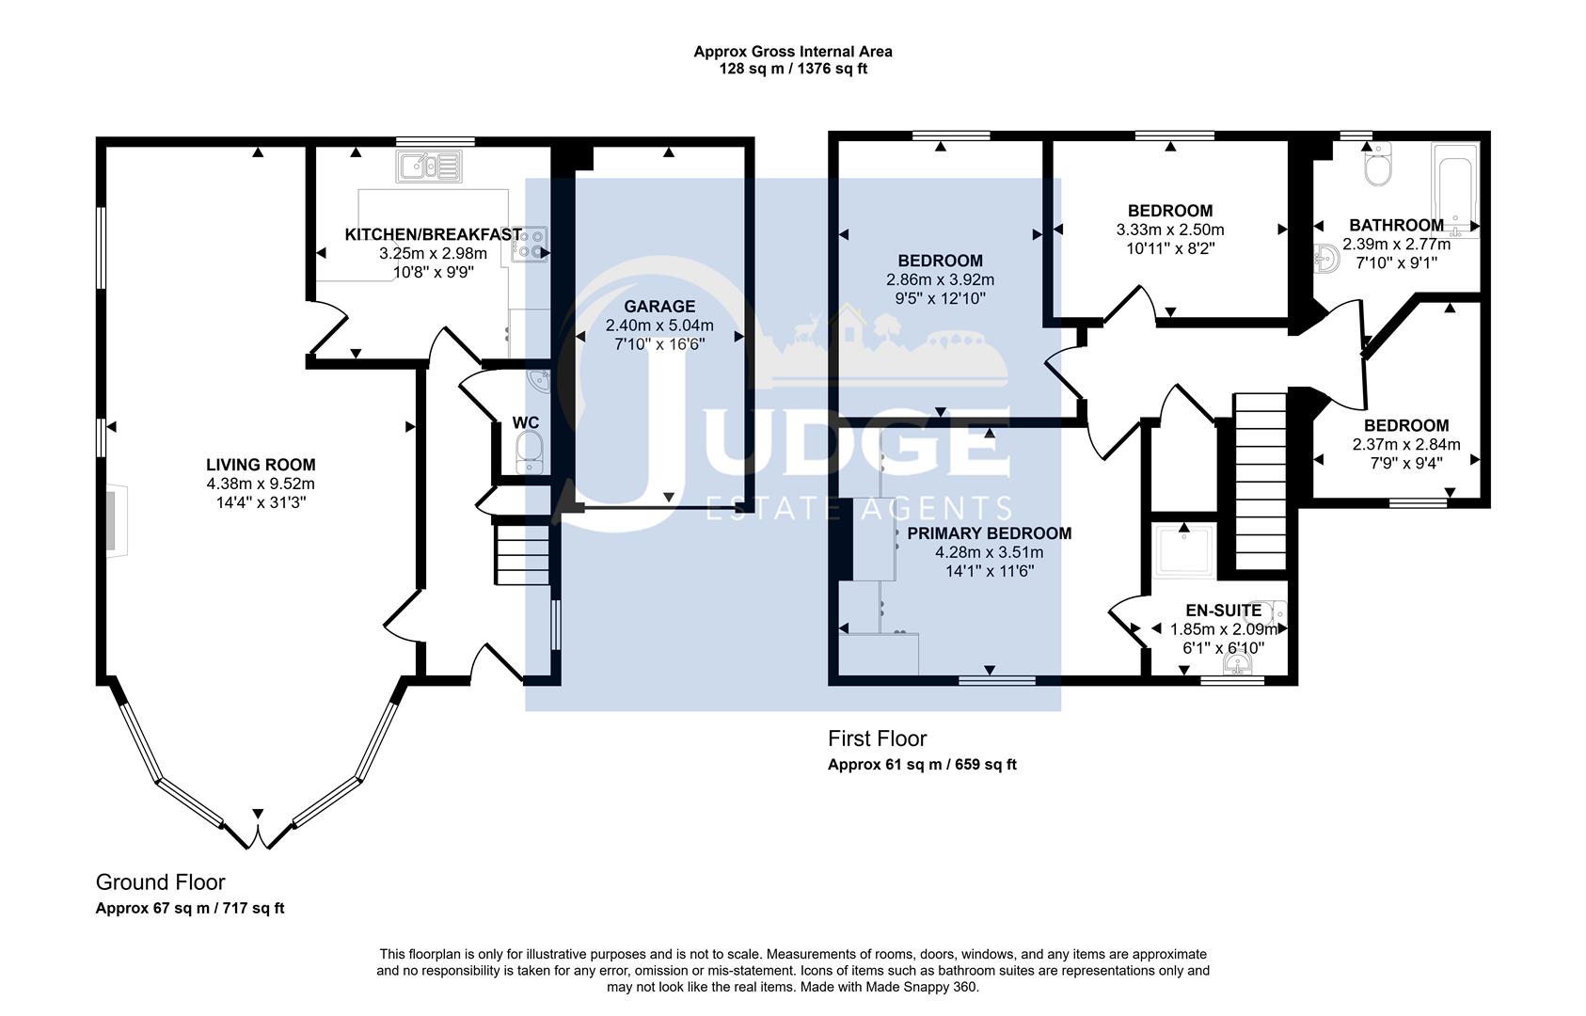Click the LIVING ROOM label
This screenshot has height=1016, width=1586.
(x=261, y=465)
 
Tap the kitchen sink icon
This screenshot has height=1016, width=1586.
(x=429, y=168)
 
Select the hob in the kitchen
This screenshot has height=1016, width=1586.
(x=530, y=245)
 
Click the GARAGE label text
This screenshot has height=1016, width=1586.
(x=659, y=307)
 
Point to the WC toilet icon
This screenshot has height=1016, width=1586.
(x=530, y=452)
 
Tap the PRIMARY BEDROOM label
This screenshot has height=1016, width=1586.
(x=989, y=533)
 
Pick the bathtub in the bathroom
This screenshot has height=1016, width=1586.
(x=1454, y=188)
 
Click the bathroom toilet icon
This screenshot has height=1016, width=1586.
(x=1378, y=167)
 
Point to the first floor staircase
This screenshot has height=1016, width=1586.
(x=1260, y=481)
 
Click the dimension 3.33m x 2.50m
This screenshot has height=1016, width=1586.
(x=1170, y=230)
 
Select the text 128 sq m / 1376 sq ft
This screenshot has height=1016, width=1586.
(x=792, y=69)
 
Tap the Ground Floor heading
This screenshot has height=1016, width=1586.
(x=161, y=882)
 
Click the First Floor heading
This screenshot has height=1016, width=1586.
(x=877, y=739)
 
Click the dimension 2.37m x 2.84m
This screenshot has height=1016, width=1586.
(x=1406, y=444)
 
